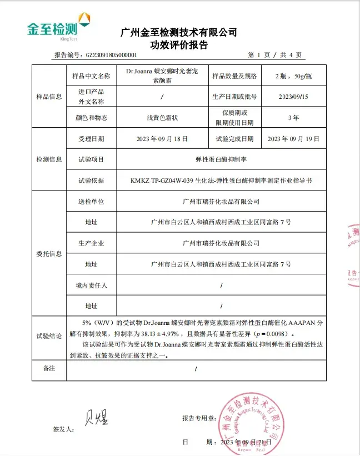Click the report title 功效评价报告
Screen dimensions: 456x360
coord(178,46)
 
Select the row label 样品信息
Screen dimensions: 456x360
coord(49,97)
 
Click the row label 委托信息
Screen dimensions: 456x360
coord(49,254)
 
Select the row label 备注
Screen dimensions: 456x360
coord(49,368)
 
